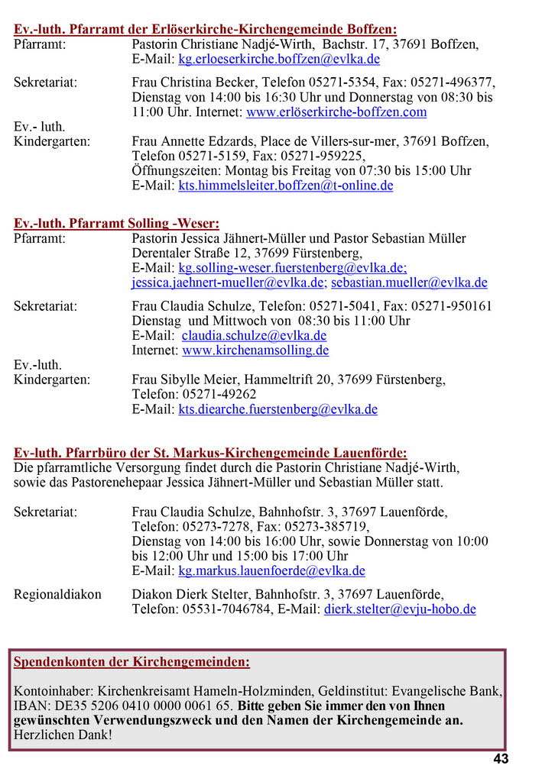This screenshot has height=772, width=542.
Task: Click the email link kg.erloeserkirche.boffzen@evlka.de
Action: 279,60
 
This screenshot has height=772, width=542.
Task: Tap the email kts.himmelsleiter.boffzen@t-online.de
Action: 286,186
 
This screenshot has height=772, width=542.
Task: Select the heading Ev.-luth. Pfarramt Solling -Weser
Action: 116,224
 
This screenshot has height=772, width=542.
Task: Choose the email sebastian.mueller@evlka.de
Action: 409,283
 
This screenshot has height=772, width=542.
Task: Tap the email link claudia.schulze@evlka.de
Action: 254,336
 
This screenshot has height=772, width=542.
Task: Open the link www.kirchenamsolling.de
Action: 255,351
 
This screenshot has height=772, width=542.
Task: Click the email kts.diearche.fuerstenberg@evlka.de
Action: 278,409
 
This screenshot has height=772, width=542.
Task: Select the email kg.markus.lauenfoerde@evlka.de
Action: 272,571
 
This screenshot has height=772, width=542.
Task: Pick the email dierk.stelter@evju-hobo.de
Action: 400,609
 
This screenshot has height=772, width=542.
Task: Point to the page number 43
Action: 501,759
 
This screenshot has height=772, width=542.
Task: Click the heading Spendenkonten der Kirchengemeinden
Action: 131,662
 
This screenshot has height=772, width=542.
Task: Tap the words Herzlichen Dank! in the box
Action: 63,735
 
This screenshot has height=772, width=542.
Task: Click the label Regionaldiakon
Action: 57,594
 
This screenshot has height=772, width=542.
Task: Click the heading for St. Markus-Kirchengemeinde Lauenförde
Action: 210,454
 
